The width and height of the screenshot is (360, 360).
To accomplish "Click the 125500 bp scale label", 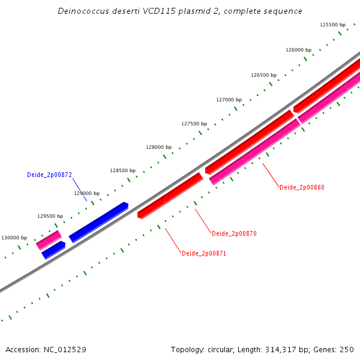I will coord(332,25).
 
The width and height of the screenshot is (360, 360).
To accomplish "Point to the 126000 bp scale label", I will coord(298,50).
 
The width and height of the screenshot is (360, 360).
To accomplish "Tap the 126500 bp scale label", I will coord(263,76).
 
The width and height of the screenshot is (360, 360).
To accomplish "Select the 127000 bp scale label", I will coord(229,100).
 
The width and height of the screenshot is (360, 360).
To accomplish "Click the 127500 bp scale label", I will coord(194,124).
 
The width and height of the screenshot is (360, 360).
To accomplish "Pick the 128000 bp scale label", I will coord(158,147).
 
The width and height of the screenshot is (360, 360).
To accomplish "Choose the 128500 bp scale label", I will coord(122,170).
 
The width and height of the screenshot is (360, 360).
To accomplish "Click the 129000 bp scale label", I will coord(86,193).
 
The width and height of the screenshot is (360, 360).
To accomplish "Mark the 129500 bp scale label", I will coord(50,216).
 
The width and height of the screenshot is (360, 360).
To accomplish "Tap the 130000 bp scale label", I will coord(14,238).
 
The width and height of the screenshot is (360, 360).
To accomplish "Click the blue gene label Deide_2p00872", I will coord(49,175).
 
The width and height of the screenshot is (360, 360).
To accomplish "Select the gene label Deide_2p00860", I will coord(302,188).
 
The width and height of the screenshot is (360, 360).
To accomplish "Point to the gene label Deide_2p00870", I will coord(234,233).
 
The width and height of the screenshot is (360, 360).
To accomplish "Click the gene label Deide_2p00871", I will coord(204,254).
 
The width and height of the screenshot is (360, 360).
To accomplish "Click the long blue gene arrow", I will coord(99,222).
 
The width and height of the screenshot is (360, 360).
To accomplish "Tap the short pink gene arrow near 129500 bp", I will coord(49,240).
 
